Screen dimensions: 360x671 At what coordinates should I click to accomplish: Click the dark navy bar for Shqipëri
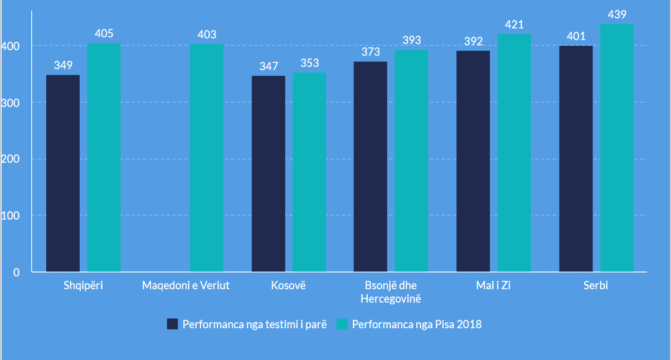(x=63, y=173)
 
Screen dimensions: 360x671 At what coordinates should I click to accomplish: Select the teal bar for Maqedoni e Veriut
(x=207, y=158)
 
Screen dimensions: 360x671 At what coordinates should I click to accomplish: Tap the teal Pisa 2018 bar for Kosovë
(x=309, y=172)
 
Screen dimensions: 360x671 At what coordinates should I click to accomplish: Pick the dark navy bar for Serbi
(x=576, y=159)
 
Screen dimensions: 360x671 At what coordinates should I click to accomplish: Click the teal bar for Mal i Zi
(x=514, y=153)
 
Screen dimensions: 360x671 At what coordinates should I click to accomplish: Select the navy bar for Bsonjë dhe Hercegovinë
(x=371, y=167)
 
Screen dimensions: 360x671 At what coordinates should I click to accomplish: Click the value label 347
(x=269, y=67)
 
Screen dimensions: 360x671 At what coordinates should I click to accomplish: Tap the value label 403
(x=207, y=35)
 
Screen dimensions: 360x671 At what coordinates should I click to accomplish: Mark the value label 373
(x=371, y=52)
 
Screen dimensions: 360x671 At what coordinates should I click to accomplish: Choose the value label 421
(x=514, y=25)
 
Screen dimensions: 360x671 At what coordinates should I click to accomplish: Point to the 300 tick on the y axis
(x=13, y=103)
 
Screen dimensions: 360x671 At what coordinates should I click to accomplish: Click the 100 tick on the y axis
(x=13, y=216)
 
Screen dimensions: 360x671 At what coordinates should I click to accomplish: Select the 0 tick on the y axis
(x=17, y=273)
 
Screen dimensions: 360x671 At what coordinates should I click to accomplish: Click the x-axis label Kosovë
(x=289, y=286)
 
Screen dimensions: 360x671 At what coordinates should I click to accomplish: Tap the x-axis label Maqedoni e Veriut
(x=186, y=286)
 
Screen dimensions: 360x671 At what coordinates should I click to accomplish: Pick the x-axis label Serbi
(x=596, y=286)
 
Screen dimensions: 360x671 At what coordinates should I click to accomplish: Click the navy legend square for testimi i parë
(x=172, y=324)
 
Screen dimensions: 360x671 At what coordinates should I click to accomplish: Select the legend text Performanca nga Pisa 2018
(x=417, y=324)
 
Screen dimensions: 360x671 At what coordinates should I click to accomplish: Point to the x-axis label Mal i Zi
(x=493, y=286)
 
